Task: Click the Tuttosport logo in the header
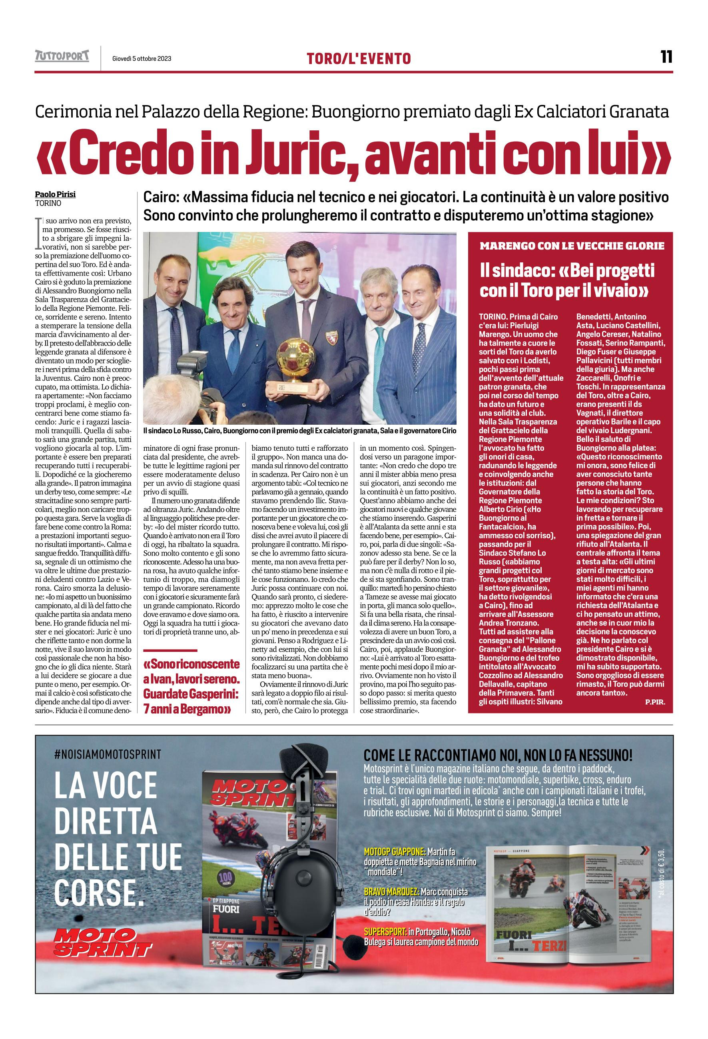tap(62, 56)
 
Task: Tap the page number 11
tap(666, 57)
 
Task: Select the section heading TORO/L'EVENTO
tap(359, 58)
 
